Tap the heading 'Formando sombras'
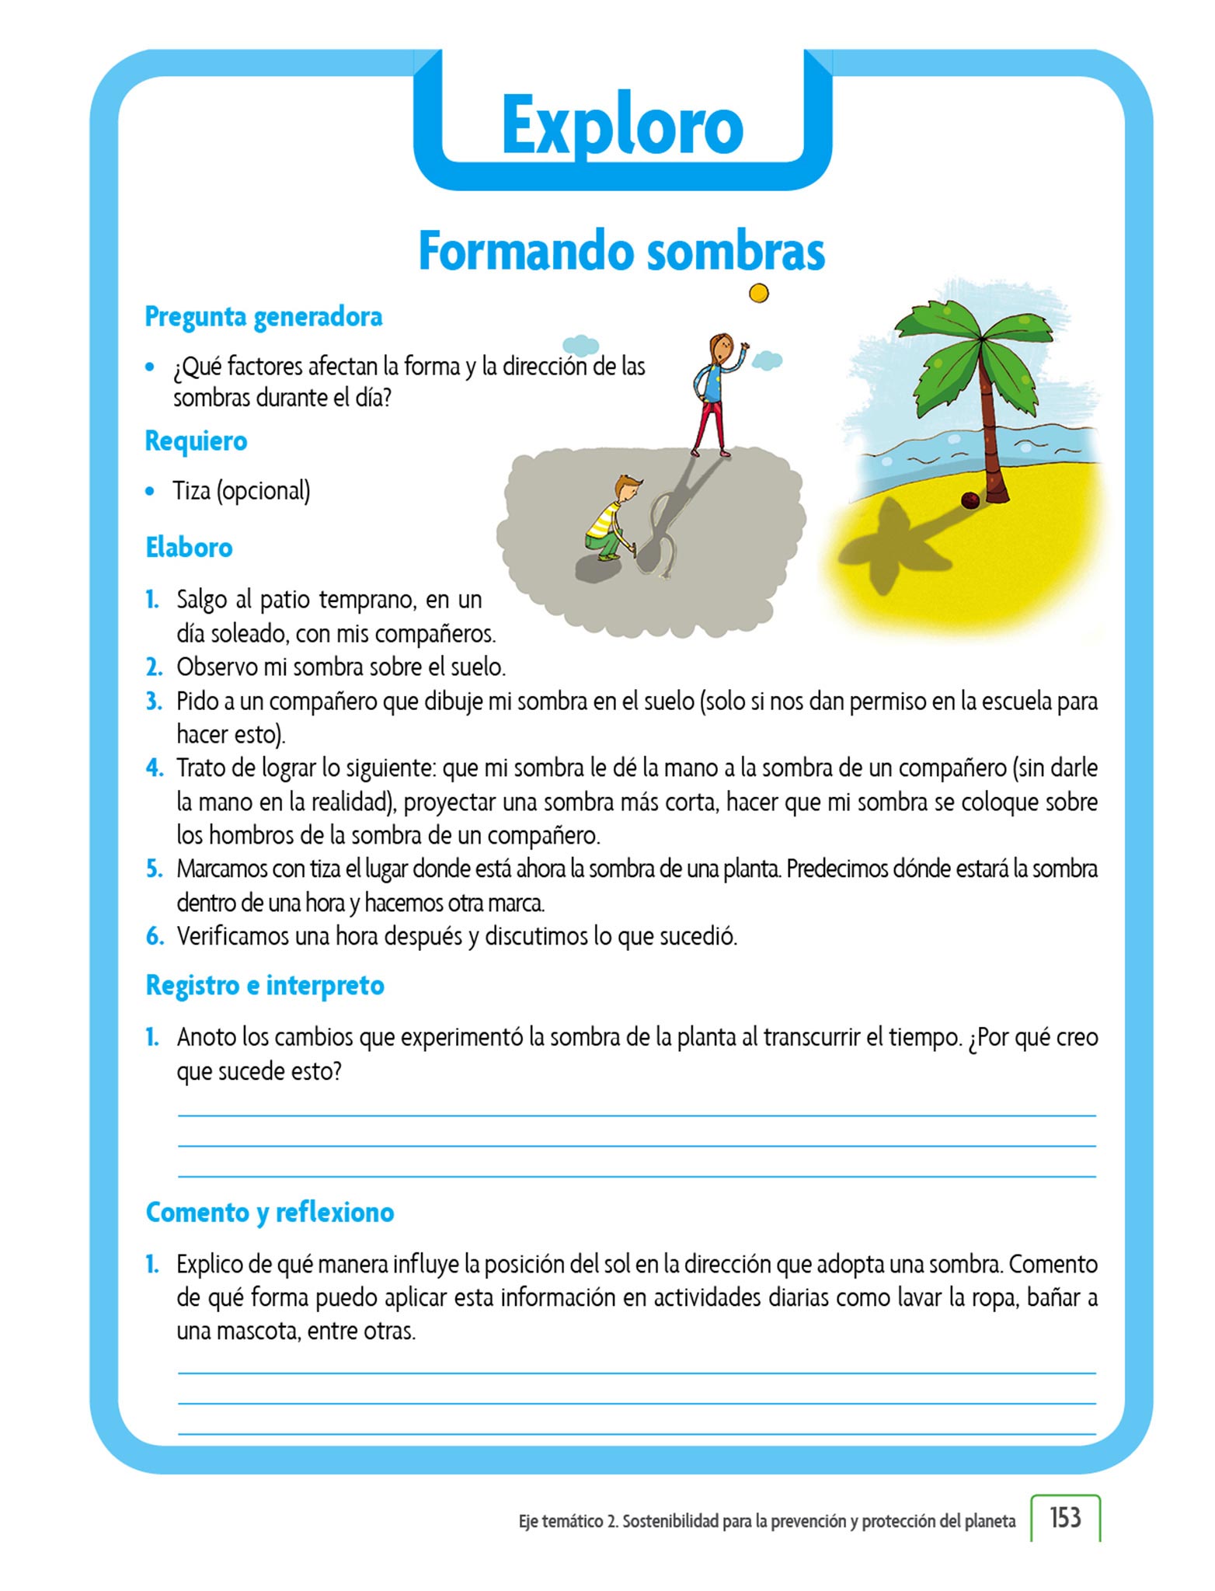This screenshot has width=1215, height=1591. (x=621, y=251)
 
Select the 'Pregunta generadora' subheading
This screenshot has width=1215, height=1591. (x=263, y=317)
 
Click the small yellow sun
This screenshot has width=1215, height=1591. (x=758, y=293)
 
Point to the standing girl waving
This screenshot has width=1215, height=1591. (x=716, y=392)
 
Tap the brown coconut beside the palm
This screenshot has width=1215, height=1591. (x=970, y=500)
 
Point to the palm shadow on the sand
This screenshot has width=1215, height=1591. (x=893, y=544)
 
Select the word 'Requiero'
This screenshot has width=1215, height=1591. (x=196, y=441)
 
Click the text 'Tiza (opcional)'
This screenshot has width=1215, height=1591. (x=241, y=491)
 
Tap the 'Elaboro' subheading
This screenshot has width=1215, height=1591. (x=189, y=548)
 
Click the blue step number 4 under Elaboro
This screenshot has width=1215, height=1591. (x=155, y=768)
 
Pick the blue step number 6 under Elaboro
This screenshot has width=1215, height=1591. (x=155, y=936)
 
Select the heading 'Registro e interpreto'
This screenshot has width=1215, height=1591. (x=265, y=986)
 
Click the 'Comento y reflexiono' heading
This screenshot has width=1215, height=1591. (x=270, y=1213)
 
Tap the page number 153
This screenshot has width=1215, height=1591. (x=1065, y=1517)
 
